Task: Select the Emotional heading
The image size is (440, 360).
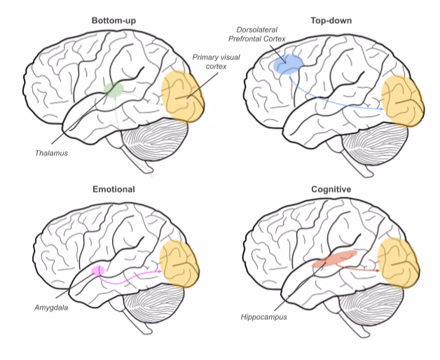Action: (113, 189)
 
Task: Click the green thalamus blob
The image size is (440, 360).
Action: (113, 89)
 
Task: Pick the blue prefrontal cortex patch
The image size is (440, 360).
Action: (287, 65)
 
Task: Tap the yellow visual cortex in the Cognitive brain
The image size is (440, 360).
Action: (400, 263)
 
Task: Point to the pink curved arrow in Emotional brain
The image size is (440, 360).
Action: (133, 279)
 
